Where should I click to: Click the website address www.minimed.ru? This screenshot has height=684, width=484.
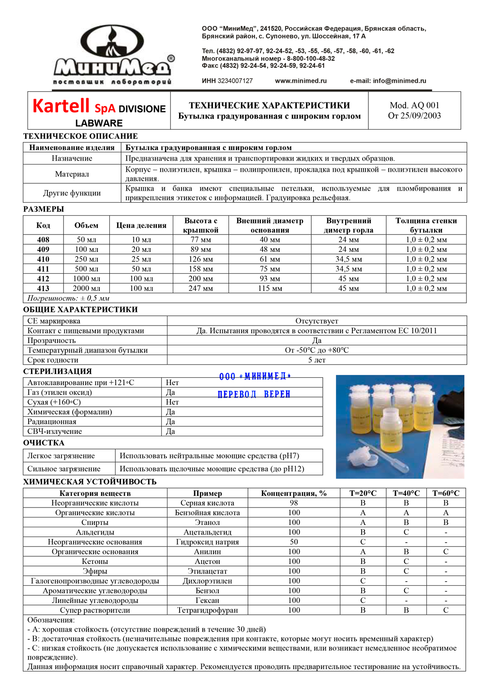pos(301,81)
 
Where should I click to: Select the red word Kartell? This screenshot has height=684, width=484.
pos(61,106)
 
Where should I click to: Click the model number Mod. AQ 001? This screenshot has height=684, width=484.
pos(414,105)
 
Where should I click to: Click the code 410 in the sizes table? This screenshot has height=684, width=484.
pos(43,259)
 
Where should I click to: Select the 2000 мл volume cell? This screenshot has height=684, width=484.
pos(87,288)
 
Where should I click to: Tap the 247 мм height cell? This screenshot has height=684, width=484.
pos(201,288)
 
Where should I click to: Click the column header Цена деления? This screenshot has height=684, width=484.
pos(141,225)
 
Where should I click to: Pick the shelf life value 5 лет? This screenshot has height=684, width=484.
pos(317,360)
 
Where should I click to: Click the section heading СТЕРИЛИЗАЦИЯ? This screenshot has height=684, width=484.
pos(58,372)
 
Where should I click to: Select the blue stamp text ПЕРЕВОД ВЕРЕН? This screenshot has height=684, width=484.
pos(254,394)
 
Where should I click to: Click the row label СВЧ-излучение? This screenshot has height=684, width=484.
pos(55,431)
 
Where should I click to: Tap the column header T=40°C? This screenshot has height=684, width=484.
pos(406,493)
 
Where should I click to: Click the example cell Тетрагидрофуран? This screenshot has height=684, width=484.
pos(207,610)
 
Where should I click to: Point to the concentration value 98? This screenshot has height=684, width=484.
pos(294,503)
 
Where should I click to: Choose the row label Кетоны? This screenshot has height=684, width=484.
pos(95,562)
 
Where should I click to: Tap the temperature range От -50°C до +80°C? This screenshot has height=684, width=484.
pos(317,350)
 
